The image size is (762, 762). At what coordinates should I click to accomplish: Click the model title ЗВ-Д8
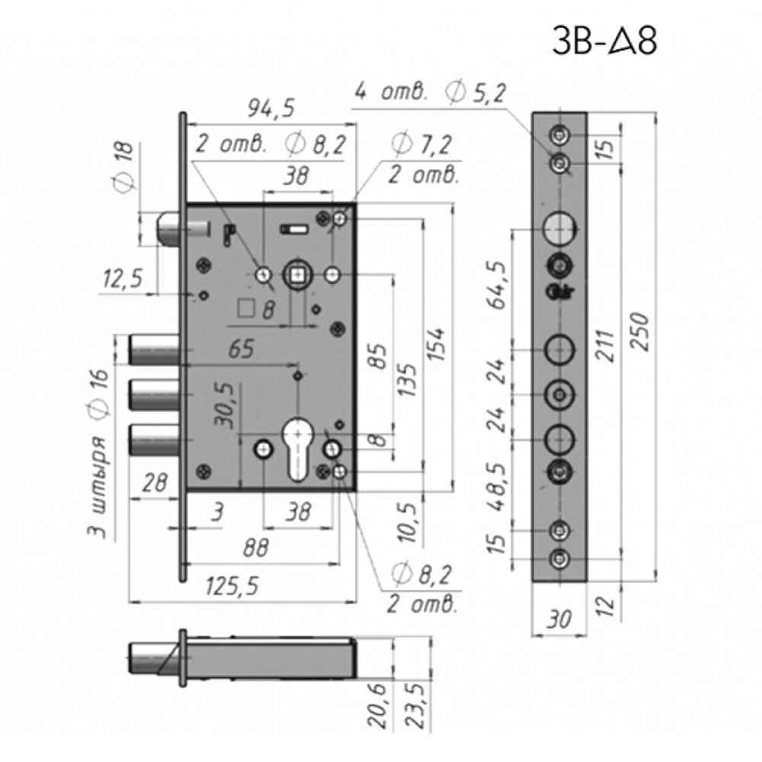[604, 43]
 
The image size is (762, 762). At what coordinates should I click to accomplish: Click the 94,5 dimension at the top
[270, 109]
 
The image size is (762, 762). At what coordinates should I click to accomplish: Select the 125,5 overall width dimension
[232, 586]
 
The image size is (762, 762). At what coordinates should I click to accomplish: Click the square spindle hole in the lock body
[296, 275]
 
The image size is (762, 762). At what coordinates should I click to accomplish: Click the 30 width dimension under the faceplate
[559, 620]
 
